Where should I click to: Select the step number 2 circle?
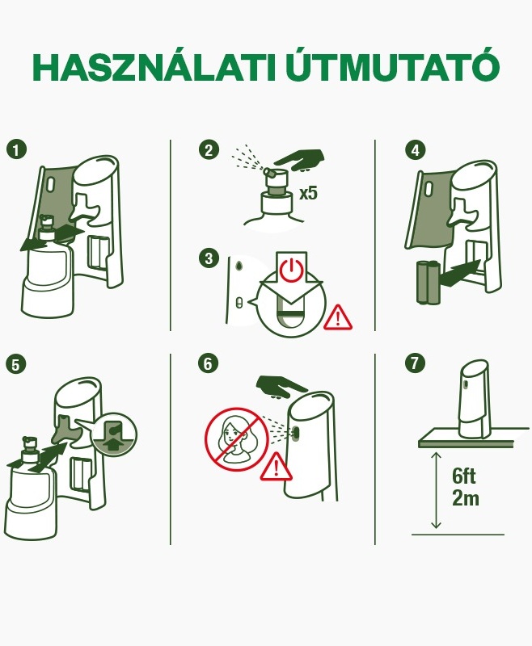pyautogui.click(x=209, y=149)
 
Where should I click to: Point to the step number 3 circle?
pyautogui.click(x=209, y=258)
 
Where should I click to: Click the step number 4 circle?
pyautogui.click(x=415, y=149)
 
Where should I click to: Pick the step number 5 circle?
pyautogui.click(x=15, y=364)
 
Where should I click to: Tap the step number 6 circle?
pyautogui.click(x=209, y=364)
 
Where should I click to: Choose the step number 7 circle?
pyautogui.click(x=415, y=364)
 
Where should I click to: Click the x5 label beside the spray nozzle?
pyautogui.click(x=308, y=194)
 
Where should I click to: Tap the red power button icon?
pyautogui.click(x=291, y=270)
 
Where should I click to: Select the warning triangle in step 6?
pyautogui.click(x=277, y=467)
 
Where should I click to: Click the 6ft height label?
pyautogui.click(x=465, y=476)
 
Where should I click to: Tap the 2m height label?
pyautogui.click(x=465, y=498)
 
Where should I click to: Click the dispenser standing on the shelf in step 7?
pyautogui.click(x=474, y=399)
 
